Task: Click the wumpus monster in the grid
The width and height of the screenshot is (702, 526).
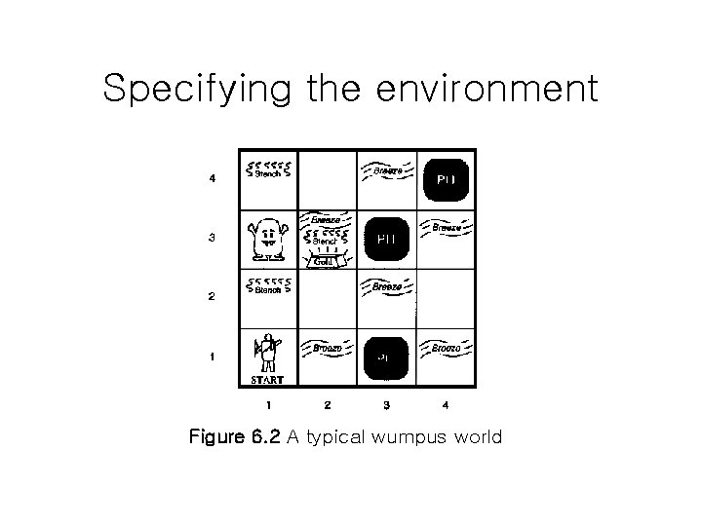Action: tap(267, 239)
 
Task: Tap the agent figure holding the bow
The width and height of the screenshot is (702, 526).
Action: tap(266, 352)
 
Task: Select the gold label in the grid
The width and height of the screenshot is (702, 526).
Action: tap(327, 261)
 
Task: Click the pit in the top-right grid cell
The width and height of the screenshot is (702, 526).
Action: tap(446, 178)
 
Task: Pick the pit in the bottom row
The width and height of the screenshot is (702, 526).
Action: tap(386, 356)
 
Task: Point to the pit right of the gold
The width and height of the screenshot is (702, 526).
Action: tap(386, 239)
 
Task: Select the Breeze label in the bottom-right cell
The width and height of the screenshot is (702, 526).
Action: tap(446, 347)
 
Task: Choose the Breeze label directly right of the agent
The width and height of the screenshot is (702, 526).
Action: tap(327, 347)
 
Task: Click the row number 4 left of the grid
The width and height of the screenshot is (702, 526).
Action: tap(212, 179)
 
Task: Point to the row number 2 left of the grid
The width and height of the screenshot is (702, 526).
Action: tap(212, 297)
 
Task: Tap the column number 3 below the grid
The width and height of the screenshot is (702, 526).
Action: tap(386, 403)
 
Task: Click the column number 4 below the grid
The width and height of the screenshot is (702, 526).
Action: tap(446, 403)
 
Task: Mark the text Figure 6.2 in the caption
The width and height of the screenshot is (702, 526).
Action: tap(235, 437)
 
